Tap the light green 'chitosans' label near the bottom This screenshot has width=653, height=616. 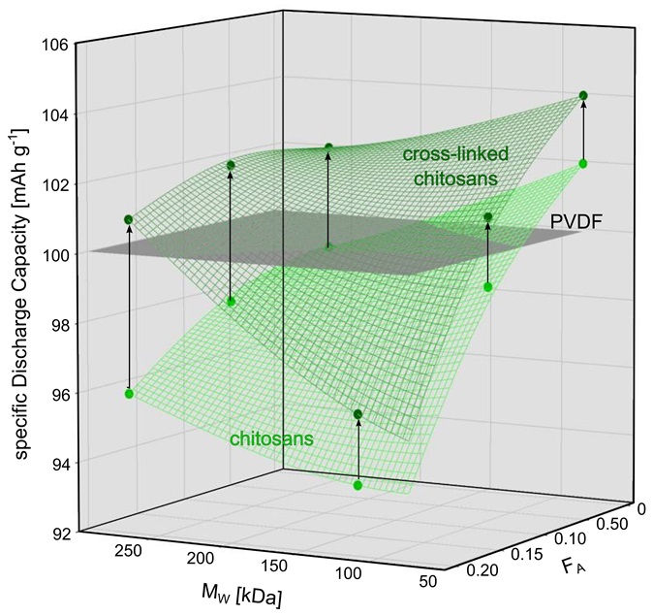(x=271, y=439)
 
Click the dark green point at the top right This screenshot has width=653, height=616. (x=583, y=95)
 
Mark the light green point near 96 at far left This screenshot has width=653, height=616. (x=129, y=393)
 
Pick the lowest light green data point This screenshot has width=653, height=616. (x=358, y=485)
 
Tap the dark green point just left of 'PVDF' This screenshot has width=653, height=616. (x=487, y=216)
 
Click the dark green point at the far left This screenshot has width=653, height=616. (x=129, y=219)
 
